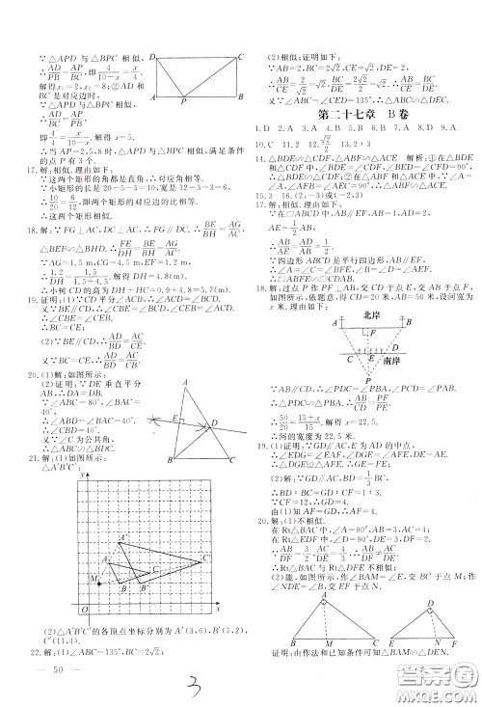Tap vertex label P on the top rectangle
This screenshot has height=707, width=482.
tap(184, 101)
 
